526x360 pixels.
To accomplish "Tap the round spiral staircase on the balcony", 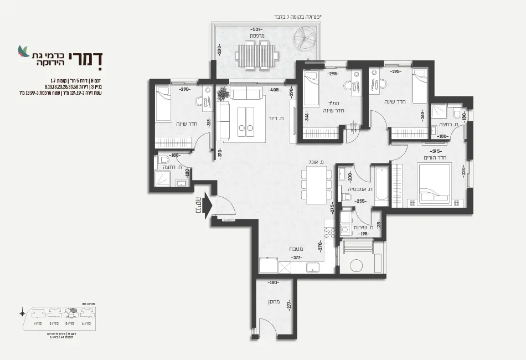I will tap(306, 41).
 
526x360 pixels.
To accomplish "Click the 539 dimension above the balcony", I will tap(256, 29).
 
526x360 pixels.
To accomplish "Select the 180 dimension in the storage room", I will tap(272, 282).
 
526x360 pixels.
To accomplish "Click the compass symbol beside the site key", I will tap(22, 313).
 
